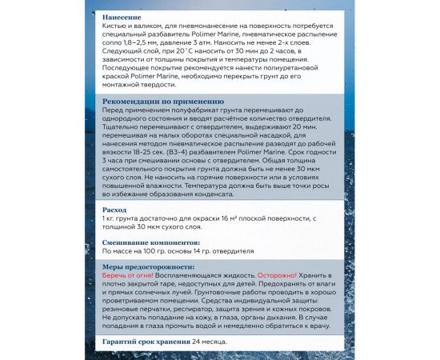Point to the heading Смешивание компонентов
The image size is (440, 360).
150,241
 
